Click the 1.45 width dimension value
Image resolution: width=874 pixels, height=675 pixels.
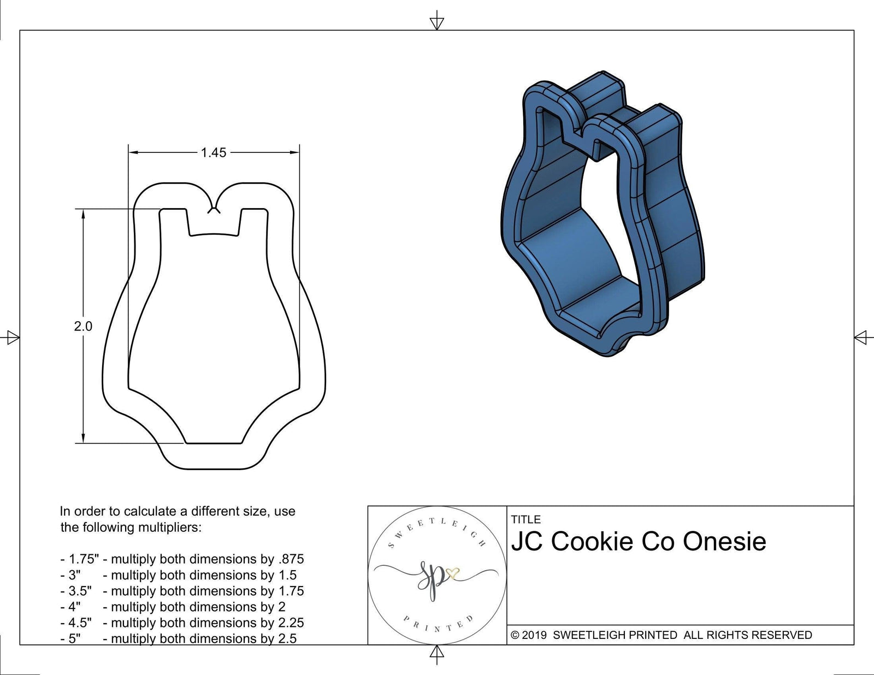tap(213, 153)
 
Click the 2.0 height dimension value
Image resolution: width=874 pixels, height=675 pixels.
tap(83, 327)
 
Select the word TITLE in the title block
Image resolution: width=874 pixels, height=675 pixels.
tap(525, 519)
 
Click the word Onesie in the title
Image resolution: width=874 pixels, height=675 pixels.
tap(724, 542)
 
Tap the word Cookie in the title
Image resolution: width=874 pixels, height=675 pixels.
tap(589, 542)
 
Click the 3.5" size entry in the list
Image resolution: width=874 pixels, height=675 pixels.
tap(79, 591)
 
